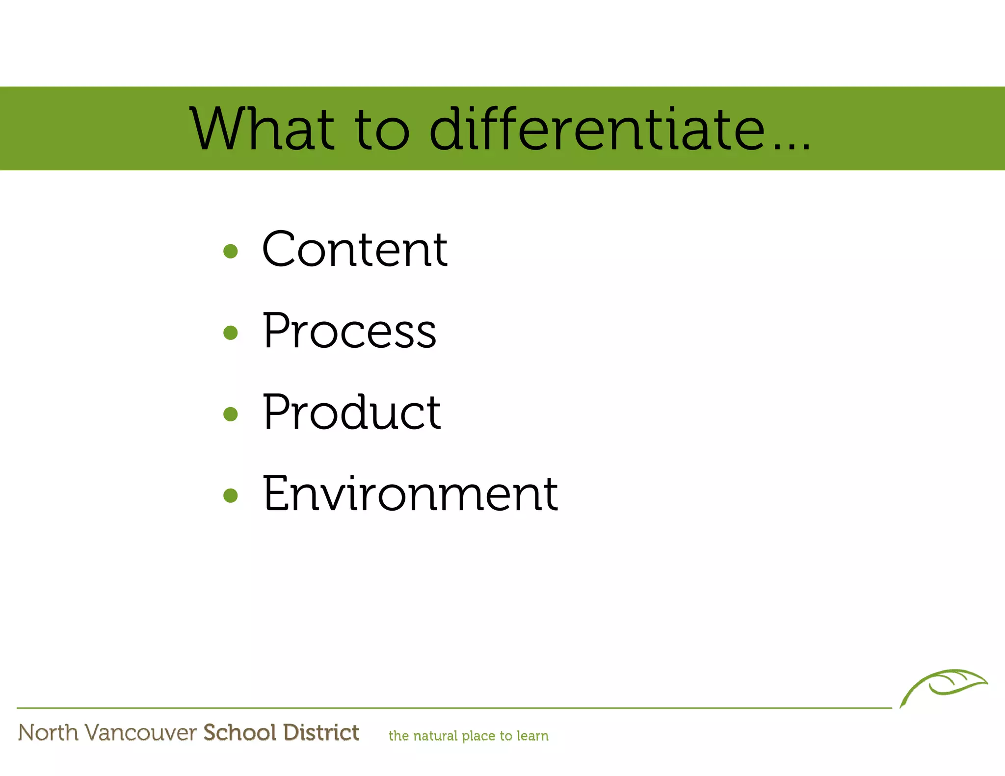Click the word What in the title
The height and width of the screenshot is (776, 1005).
(x=263, y=129)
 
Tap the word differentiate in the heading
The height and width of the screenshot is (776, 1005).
(x=597, y=129)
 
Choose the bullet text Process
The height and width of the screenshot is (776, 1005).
(x=349, y=331)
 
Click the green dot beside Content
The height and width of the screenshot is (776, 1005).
(x=230, y=252)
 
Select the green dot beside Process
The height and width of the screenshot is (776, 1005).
(x=230, y=333)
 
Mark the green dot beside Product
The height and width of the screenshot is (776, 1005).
(x=230, y=414)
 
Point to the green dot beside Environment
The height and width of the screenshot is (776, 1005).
(x=230, y=495)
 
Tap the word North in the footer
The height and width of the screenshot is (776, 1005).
(x=48, y=732)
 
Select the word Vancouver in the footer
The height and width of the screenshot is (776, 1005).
(x=140, y=733)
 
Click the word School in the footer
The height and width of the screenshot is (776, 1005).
(x=240, y=732)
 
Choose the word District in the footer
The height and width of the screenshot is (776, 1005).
(x=321, y=732)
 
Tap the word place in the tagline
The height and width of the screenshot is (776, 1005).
(x=478, y=736)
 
